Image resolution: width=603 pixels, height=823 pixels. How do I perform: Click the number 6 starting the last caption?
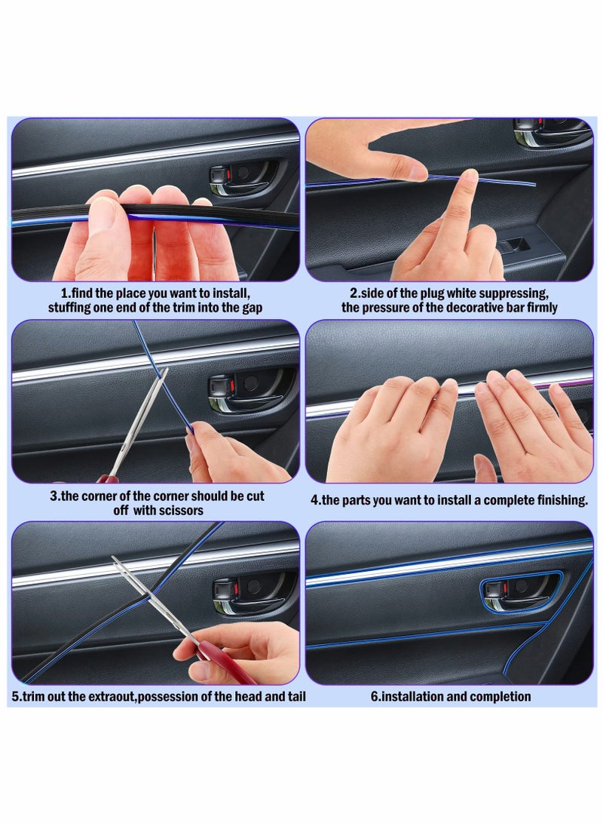tap(374, 696)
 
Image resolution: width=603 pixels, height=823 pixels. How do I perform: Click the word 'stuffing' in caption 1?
tap(72, 308)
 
